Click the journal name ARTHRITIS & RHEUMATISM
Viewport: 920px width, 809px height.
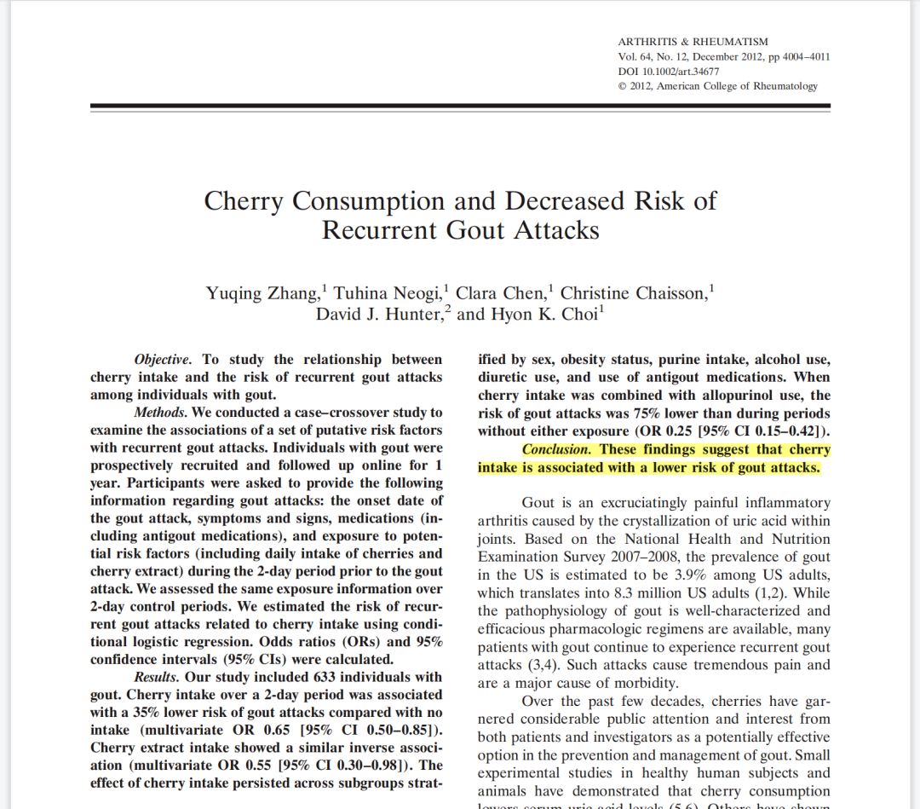pyautogui.click(x=693, y=42)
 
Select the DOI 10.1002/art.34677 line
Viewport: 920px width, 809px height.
pyautogui.click(x=669, y=72)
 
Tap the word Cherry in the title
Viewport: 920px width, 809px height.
pyautogui.click(x=244, y=201)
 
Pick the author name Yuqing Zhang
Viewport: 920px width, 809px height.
pyautogui.click(x=262, y=294)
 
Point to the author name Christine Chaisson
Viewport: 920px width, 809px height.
pyautogui.click(x=633, y=294)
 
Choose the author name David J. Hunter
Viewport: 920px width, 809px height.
pyautogui.click(x=380, y=315)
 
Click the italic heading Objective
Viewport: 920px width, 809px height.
pyautogui.click(x=163, y=360)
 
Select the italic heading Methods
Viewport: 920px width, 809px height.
pyautogui.click(x=160, y=413)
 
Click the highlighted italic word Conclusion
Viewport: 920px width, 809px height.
pyautogui.click(x=555, y=449)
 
